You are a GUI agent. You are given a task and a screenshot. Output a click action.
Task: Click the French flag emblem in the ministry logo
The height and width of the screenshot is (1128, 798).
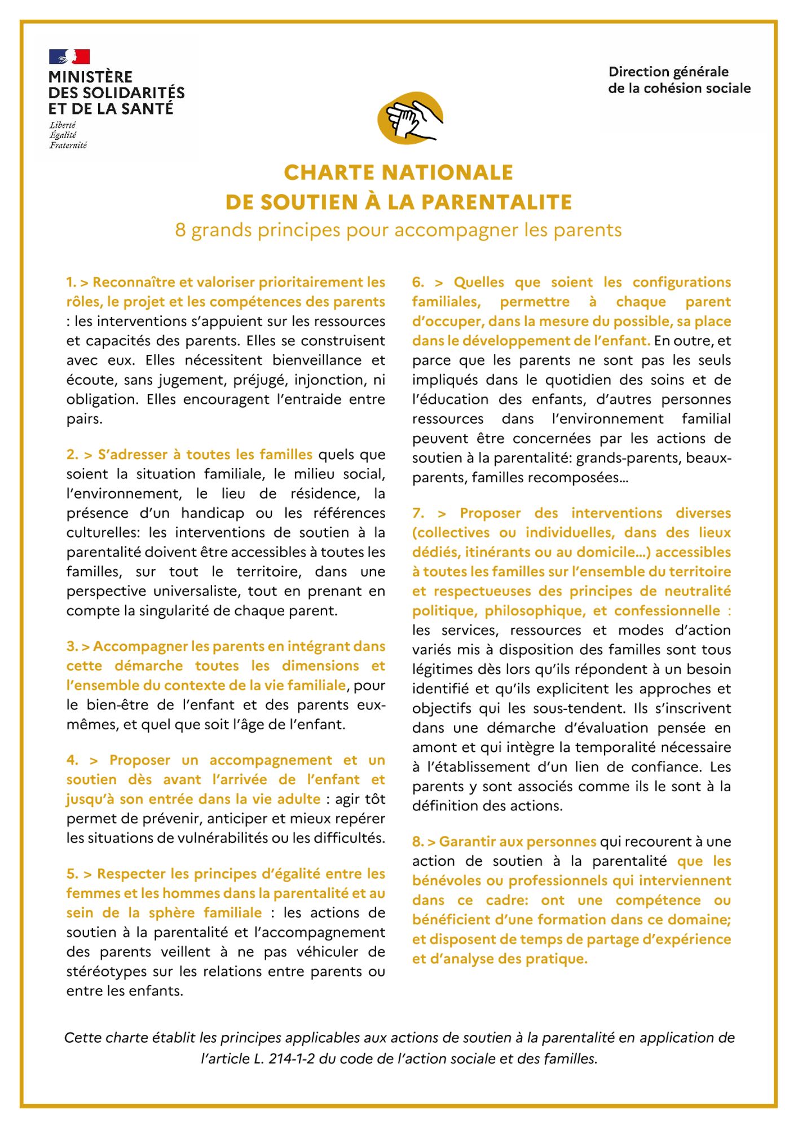click(x=69, y=56)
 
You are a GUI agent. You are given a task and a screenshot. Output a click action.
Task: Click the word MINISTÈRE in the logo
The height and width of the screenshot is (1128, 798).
click(x=90, y=77)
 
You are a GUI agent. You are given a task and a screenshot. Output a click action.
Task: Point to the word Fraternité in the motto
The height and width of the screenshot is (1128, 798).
click(x=68, y=146)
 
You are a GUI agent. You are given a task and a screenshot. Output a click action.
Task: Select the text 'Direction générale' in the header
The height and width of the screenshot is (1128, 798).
click(x=668, y=72)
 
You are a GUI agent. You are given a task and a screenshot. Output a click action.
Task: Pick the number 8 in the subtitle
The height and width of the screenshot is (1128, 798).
click(x=180, y=230)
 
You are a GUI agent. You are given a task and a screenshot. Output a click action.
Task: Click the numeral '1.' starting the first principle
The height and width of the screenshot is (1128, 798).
click(x=71, y=282)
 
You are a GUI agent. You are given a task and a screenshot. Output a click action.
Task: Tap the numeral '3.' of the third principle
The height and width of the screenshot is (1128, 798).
click(x=72, y=646)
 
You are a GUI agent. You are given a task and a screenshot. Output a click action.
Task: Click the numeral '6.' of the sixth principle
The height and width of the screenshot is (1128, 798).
click(x=418, y=282)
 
